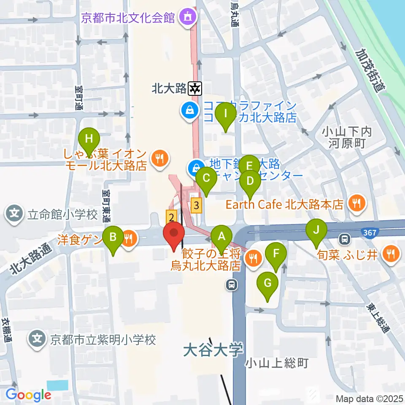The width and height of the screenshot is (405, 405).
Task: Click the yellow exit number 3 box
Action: pyautogui.click(x=196, y=206)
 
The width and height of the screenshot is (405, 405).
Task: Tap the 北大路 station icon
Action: pyautogui.click(x=195, y=89)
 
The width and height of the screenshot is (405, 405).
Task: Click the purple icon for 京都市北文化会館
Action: pyautogui.click(x=187, y=18)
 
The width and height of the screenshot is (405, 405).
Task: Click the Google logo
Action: pyautogui.click(x=28, y=395)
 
